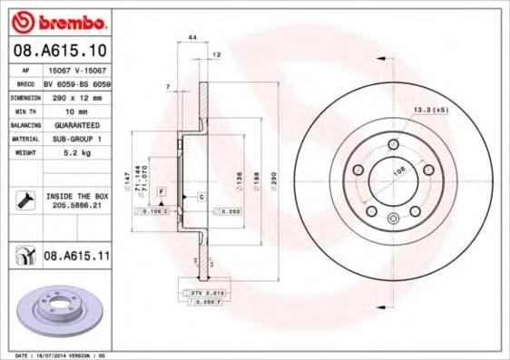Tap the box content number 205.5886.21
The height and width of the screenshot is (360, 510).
[76, 206]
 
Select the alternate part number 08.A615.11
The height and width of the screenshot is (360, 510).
[76, 257]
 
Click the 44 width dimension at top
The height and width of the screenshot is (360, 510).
[191, 36]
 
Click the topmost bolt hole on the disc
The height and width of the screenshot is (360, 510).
[393, 144]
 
